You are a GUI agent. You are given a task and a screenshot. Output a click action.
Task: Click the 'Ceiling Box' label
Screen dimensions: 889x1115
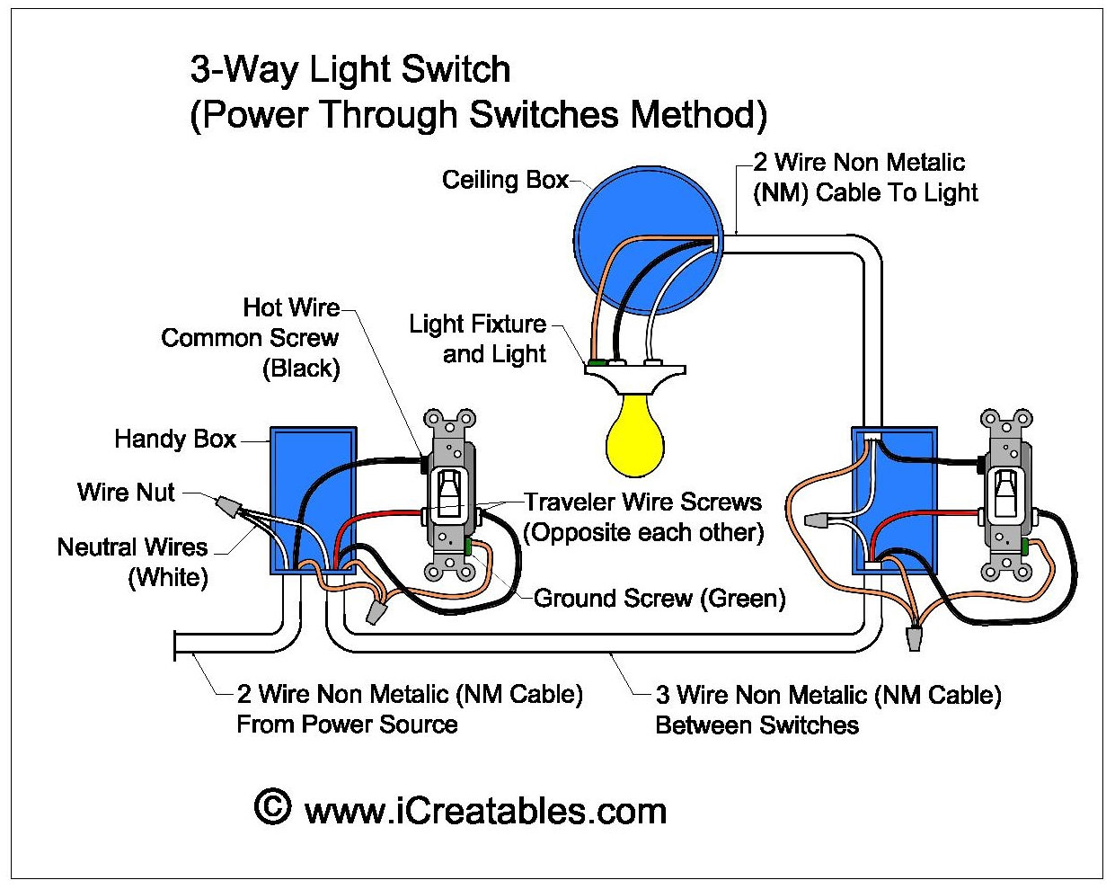505,181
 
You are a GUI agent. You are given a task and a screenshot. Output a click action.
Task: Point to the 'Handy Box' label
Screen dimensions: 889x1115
175,440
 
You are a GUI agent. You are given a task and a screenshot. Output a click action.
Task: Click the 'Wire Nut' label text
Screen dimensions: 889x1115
127,493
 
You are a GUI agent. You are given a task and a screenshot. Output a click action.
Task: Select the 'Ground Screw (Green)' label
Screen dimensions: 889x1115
659,599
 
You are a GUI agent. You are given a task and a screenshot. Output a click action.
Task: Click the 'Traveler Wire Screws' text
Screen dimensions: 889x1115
642,502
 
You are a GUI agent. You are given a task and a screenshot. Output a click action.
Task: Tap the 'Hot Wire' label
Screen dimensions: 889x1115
291,308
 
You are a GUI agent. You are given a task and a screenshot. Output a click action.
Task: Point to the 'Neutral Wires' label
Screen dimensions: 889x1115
132,547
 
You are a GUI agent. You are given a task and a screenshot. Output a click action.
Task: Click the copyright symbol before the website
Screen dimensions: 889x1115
273,808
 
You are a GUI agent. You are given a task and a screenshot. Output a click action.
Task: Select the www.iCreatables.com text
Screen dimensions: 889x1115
485,812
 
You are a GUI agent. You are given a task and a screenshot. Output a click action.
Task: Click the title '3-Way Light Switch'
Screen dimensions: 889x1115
350,70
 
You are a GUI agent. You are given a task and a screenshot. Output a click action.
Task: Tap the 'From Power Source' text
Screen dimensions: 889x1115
347,725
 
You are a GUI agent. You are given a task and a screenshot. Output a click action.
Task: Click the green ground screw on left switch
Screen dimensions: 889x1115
467,544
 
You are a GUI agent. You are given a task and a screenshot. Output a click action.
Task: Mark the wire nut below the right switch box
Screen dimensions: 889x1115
914,639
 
